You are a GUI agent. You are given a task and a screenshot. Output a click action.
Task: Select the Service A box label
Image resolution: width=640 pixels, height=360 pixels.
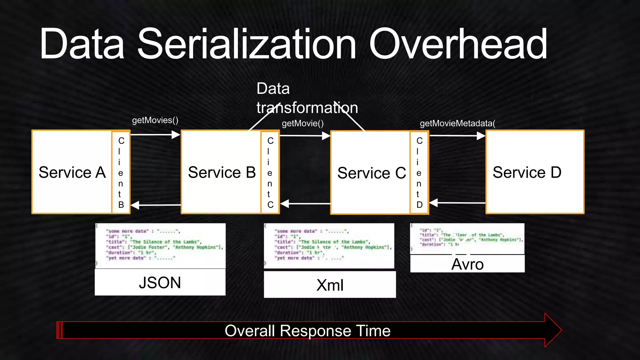(x=72, y=172)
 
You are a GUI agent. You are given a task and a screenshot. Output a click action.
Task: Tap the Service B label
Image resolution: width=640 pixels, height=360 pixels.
(x=222, y=172)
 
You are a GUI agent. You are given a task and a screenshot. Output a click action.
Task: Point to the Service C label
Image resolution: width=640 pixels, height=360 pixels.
(x=372, y=173)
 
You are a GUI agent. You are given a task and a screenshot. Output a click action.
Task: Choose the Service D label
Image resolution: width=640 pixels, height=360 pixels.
(x=527, y=172)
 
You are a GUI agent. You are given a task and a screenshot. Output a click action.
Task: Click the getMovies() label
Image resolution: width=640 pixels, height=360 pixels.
(x=155, y=120)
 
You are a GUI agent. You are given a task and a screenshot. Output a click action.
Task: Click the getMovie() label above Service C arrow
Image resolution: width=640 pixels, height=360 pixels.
(x=302, y=123)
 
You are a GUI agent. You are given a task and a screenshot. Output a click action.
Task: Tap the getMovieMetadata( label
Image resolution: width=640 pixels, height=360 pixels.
(x=457, y=123)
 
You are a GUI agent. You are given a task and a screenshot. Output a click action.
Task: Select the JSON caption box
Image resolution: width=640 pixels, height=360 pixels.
(x=160, y=282)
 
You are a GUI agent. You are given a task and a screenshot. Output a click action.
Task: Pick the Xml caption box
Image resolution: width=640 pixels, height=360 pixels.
(x=330, y=285)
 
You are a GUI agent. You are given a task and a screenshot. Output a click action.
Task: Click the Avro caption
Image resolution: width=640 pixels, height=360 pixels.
(x=467, y=264)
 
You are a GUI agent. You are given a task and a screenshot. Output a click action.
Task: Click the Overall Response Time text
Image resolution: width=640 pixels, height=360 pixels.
(x=307, y=331)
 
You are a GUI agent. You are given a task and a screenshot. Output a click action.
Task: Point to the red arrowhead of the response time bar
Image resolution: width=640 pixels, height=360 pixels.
(x=553, y=330)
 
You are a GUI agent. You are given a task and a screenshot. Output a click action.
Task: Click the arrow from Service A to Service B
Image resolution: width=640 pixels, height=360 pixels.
(x=155, y=135)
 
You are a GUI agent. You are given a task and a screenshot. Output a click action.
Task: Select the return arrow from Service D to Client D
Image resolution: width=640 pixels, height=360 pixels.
(x=457, y=203)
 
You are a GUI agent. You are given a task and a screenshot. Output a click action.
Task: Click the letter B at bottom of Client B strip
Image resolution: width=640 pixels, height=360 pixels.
(x=121, y=205)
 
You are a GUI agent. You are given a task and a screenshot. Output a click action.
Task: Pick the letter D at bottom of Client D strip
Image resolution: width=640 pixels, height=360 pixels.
(x=419, y=205)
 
